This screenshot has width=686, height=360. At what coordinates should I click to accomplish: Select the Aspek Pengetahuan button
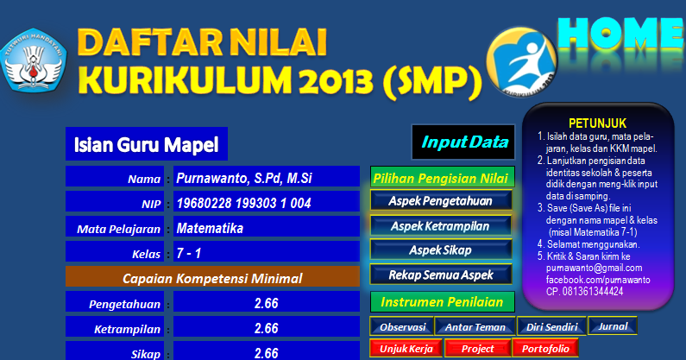pos(441,200)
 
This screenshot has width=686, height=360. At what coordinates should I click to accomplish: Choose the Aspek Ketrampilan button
pos(441,225)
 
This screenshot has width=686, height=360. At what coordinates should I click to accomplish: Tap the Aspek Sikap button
pos(441,249)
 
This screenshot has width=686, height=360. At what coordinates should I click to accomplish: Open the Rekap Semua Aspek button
pos(441,275)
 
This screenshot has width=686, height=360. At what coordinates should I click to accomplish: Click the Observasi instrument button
pos(401,327)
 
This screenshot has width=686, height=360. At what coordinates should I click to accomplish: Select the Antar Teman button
pos(474,327)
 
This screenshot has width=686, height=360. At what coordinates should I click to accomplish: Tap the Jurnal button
pos(612,326)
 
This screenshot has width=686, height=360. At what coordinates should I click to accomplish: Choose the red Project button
pos(477,348)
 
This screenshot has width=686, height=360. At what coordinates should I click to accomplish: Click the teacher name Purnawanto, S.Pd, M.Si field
pos(265,178)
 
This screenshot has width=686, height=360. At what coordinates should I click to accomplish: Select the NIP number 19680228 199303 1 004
pos(265,203)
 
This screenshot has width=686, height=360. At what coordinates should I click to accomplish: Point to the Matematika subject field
pos(265,229)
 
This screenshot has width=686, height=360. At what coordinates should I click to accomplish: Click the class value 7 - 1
pos(265,254)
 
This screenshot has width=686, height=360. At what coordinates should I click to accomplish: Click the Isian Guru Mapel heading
pos(146,144)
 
